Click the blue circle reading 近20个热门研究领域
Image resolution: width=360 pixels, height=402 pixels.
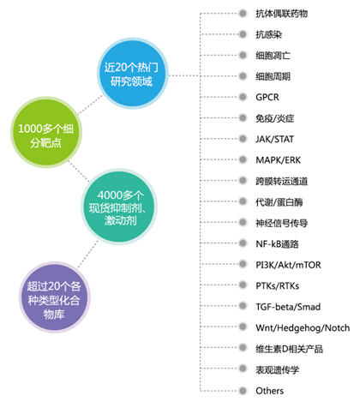(x=133, y=74)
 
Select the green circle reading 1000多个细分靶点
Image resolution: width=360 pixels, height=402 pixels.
(x=46, y=132)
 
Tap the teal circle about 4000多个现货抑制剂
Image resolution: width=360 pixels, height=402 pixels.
(x=119, y=207)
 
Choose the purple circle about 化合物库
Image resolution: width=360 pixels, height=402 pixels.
(x=55, y=297)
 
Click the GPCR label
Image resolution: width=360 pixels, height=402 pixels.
(x=267, y=97)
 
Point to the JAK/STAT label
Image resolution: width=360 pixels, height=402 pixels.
(x=274, y=139)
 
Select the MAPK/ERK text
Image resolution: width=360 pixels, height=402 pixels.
(x=278, y=160)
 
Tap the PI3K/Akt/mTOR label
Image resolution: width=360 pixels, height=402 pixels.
(x=288, y=265)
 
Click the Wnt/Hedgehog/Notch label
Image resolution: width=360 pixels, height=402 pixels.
(x=303, y=327)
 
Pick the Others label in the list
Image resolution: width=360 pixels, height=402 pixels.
(x=269, y=391)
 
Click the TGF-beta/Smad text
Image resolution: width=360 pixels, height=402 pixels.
(x=288, y=307)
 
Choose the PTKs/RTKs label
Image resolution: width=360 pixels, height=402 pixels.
(x=277, y=285)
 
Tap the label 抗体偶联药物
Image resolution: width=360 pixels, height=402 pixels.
(x=281, y=14)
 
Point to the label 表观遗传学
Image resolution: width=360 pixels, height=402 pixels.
(x=277, y=369)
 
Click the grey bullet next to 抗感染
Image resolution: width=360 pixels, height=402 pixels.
(x=243, y=34)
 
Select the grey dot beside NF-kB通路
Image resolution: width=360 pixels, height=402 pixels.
(x=243, y=243)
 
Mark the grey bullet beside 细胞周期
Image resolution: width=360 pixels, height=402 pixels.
(x=243, y=76)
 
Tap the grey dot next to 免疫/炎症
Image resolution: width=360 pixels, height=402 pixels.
(x=243, y=117)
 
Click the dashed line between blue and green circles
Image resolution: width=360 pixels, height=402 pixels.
(x=90, y=105)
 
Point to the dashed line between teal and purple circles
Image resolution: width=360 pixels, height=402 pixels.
(x=87, y=255)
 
